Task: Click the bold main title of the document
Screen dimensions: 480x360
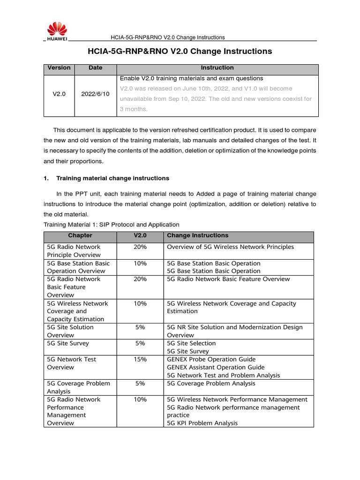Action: tap(180, 51)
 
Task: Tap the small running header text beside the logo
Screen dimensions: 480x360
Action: tap(167, 37)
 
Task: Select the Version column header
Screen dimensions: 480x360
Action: tap(59, 68)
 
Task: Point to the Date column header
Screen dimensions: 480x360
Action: tap(95, 68)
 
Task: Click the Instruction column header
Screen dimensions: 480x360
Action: tap(217, 68)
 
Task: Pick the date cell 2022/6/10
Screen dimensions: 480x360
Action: tap(95, 94)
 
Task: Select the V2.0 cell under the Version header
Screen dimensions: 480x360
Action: tap(59, 94)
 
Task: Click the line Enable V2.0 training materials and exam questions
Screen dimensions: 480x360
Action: tap(191, 78)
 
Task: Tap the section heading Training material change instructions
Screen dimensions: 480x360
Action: tap(112, 179)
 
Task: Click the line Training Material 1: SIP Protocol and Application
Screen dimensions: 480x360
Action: tap(111, 225)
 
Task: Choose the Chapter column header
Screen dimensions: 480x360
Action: tap(80, 235)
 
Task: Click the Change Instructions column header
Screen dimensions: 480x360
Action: tap(198, 235)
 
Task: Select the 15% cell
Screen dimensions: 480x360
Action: tap(140, 360)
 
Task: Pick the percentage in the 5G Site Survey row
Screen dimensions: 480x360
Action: tap(140, 344)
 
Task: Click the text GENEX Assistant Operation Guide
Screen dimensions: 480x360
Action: tap(216, 367)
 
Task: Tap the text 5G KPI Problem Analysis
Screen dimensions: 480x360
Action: tap(202, 423)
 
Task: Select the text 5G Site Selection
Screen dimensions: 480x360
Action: tap(191, 344)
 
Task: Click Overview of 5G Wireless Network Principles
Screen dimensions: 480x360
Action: tap(231, 247)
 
